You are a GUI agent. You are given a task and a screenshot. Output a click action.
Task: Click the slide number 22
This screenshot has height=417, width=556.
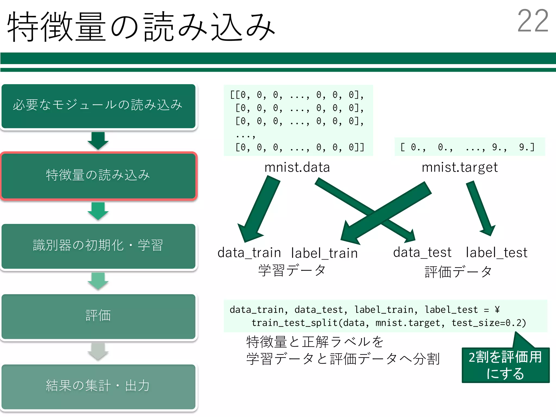pos(533,21)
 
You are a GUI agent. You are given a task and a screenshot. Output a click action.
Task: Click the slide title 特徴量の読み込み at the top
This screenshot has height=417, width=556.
pos(141,27)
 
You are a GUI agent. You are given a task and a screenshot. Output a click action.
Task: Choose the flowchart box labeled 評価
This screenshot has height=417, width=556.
pos(98,316)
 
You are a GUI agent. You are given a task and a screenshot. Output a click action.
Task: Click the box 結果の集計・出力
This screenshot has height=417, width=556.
pos(98,386)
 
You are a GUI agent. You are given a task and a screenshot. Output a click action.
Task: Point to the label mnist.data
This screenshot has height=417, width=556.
pos(297,167)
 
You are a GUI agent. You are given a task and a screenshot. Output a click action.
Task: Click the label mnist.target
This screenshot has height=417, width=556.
pos(460,168)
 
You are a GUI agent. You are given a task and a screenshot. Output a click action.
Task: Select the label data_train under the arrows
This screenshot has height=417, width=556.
pos(249,253)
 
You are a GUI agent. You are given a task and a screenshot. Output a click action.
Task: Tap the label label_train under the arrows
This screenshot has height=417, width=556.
pos(324,253)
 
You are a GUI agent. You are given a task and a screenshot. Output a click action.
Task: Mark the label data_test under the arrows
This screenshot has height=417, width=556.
pos(422,252)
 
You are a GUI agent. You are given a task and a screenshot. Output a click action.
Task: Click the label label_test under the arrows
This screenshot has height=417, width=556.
pos(497,253)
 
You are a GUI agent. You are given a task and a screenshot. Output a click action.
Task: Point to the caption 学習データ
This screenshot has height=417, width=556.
pos(292,270)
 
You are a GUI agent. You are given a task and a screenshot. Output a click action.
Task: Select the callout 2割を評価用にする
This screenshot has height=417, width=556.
pos(505,365)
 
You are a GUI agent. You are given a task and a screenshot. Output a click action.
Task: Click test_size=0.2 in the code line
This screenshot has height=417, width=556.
pos(488,323)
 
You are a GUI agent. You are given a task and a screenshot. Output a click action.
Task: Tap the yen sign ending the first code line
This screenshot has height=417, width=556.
pos(497,309)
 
